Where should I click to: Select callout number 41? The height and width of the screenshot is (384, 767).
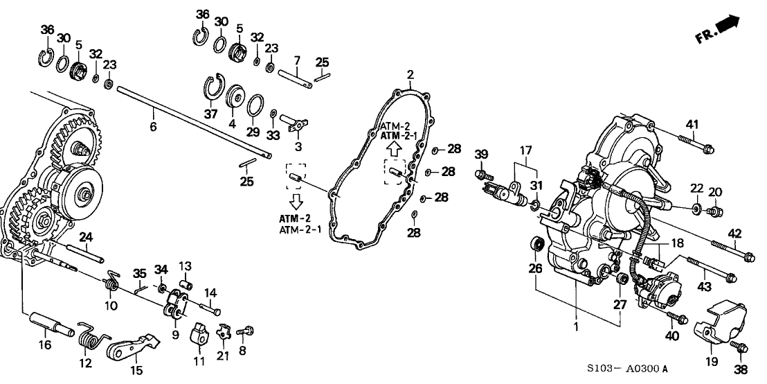coord(692,124)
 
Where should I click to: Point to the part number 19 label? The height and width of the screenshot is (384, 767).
coord(711,362)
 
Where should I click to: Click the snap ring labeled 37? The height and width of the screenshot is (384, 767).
coord(215,89)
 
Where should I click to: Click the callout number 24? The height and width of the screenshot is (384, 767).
coord(86,236)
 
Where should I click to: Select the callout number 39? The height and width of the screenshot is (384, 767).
coord(482,153)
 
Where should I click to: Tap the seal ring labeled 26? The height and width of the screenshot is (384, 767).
coord(536,245)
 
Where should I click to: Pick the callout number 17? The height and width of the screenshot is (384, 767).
coord(527,150)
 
